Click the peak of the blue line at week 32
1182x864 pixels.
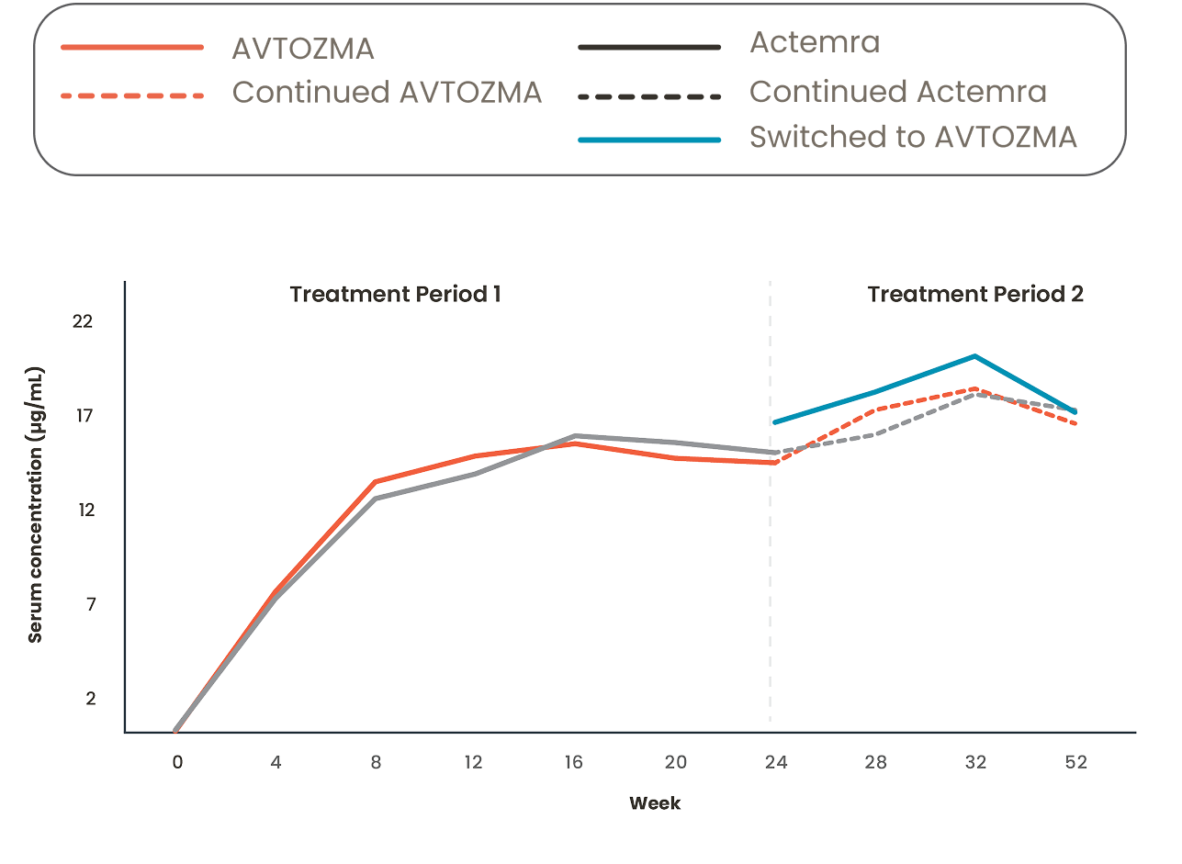(x=974, y=355)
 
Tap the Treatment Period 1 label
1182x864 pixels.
(x=395, y=295)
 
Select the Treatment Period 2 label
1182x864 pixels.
(x=975, y=295)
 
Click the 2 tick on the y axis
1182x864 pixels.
(x=90, y=699)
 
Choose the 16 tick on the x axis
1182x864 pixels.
(x=573, y=761)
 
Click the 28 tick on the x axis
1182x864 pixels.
(x=873, y=761)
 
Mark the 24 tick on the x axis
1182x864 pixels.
(x=775, y=761)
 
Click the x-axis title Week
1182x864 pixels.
(x=655, y=803)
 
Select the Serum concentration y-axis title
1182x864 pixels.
(x=36, y=504)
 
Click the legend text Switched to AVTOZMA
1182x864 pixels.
(x=912, y=137)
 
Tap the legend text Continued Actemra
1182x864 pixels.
(x=897, y=92)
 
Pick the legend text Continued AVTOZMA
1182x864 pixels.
(x=387, y=93)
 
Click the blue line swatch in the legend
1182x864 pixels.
(x=649, y=140)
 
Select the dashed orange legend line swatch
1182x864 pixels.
(x=132, y=95)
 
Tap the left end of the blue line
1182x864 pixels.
(x=773, y=422)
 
